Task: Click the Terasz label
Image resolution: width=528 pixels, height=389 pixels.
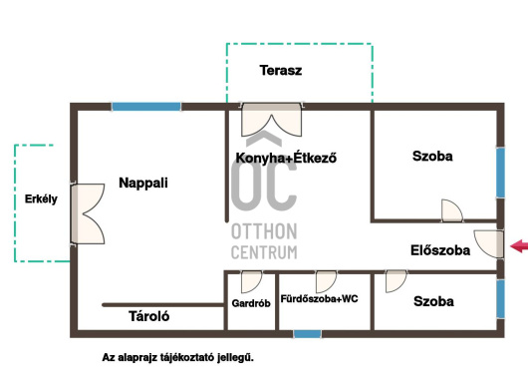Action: click(x=281, y=71)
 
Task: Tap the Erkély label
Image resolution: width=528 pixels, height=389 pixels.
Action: click(x=41, y=198)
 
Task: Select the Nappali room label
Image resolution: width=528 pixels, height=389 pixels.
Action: click(x=143, y=184)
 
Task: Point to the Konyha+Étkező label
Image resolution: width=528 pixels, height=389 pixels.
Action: click(x=286, y=158)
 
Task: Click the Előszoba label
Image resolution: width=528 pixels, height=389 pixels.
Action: click(x=440, y=250)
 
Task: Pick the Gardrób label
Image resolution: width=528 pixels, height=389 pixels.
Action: click(x=251, y=303)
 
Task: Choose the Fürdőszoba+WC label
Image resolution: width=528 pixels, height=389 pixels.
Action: click(x=319, y=298)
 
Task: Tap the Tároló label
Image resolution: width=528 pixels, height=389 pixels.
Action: click(x=148, y=316)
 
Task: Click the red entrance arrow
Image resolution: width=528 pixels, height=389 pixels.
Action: click(x=519, y=245)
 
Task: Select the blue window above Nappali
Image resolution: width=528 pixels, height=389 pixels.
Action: click(x=146, y=107)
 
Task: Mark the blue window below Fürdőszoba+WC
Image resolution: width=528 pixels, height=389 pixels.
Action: click(x=307, y=334)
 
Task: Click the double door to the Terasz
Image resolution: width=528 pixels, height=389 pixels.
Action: click(x=272, y=120)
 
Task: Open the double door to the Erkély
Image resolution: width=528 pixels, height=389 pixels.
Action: click(x=88, y=213)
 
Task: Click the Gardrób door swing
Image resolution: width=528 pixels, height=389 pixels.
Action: click(x=251, y=282)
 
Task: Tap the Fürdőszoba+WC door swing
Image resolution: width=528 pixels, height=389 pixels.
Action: click(x=326, y=282)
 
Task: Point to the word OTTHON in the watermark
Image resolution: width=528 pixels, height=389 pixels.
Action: click(x=264, y=231)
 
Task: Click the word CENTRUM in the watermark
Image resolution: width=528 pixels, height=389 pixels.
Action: click(x=264, y=252)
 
